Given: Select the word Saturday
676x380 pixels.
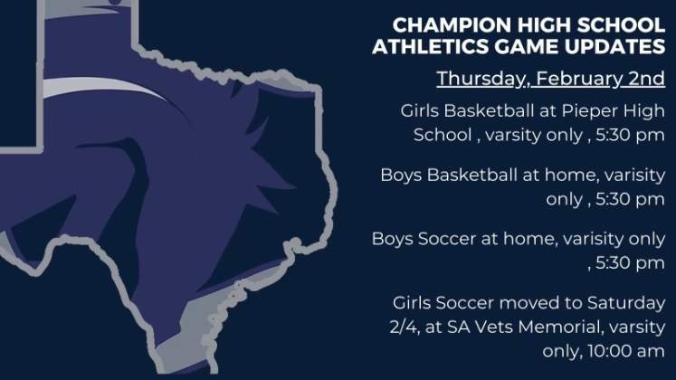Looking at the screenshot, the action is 626,303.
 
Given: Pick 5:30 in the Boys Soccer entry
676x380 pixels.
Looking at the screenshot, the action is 612,262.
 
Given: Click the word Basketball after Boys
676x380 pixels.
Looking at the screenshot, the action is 472,176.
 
